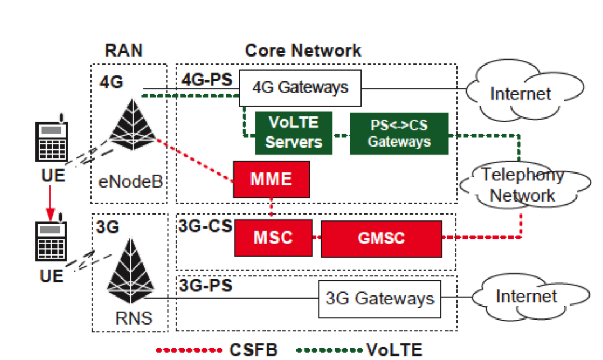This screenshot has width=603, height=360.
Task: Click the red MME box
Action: (271, 179)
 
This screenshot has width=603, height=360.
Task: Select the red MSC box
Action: (272, 237)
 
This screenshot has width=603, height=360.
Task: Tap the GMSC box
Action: (381, 238)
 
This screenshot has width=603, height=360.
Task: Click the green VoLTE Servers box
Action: (293, 133)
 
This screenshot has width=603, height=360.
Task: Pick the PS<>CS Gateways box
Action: (399, 134)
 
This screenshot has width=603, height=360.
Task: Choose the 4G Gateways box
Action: (300, 88)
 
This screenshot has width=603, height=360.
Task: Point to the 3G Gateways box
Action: (380, 298)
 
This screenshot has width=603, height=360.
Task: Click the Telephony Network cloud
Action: (522, 185)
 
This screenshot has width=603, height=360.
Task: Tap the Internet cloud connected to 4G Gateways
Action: (520, 93)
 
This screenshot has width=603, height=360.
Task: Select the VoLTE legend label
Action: (394, 349)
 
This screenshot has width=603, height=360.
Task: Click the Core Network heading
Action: (303, 51)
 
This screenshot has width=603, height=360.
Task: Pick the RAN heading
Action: (124, 51)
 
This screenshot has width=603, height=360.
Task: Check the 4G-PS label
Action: (207, 80)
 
